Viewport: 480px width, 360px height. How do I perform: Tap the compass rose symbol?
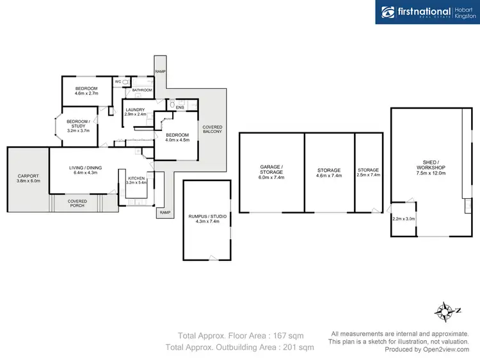point(444,313)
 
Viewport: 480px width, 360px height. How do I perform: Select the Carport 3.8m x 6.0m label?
point(28,178)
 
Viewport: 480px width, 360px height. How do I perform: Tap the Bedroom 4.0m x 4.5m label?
point(177,137)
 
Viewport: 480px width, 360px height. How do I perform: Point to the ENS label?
point(180,107)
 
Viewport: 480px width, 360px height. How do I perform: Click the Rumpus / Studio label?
point(206,219)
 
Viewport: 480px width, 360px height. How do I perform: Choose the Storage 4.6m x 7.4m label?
point(330,173)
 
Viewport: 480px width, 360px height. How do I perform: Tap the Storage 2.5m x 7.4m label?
point(369,173)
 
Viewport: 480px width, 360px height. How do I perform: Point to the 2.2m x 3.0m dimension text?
point(403,219)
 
